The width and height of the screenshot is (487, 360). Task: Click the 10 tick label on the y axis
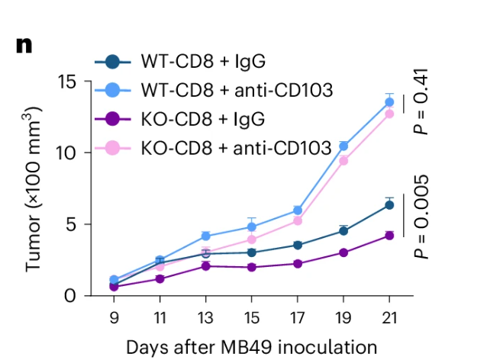tap(66, 153)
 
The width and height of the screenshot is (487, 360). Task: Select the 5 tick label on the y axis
tap(71, 224)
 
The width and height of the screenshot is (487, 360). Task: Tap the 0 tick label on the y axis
tap(71, 295)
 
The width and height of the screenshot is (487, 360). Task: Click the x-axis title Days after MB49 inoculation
tap(252, 347)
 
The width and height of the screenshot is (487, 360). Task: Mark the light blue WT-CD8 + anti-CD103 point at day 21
tap(389, 102)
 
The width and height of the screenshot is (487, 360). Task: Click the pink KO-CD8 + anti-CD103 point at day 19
tap(343, 160)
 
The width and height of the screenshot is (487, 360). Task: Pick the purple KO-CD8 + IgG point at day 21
tap(389, 236)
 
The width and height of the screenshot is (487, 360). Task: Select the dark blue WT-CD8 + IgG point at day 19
tap(343, 230)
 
